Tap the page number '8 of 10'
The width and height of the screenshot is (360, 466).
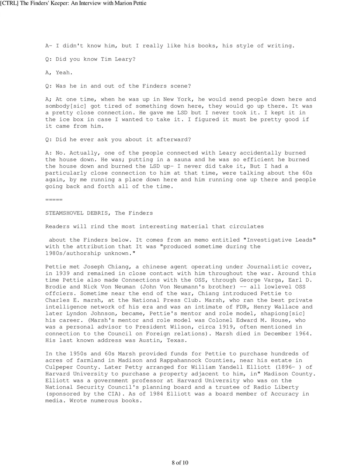click(180, 463)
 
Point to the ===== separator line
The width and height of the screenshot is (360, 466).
click(54, 200)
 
